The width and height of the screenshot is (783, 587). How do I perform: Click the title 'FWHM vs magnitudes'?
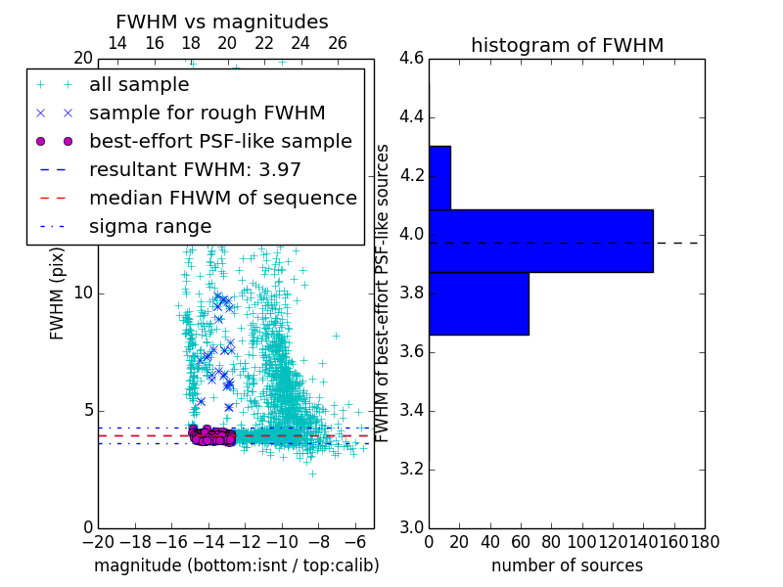pos(222,22)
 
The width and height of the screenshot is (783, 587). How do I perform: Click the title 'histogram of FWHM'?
pos(567,45)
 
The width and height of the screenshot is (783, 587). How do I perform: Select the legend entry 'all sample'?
pos(139,84)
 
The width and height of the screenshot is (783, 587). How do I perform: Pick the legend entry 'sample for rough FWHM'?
pos(207,113)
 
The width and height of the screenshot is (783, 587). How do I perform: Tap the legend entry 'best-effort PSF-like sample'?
pos(220,141)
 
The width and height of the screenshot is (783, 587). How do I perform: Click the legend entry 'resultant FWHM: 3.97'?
pos(195,169)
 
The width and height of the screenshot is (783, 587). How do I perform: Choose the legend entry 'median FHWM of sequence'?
pos(222,198)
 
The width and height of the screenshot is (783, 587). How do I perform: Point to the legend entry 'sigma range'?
pos(150,226)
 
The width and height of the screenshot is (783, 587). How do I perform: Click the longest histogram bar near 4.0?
pos(540,241)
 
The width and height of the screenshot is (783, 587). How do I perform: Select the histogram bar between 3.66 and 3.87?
pos(479,303)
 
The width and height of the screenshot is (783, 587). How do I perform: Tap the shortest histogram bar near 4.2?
pos(439,177)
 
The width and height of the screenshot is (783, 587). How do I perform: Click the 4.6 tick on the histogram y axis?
pos(411,59)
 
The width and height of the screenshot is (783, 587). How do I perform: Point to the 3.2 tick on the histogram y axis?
pos(411,469)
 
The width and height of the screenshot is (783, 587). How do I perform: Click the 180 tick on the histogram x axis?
pos(705,542)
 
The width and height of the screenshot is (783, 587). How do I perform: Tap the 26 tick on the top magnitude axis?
pos(338,43)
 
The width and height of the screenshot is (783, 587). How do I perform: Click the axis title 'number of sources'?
pos(567,565)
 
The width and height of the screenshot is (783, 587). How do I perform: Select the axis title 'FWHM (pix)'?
pos(58,293)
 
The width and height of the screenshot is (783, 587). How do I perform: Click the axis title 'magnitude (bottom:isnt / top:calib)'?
pos(236,565)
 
